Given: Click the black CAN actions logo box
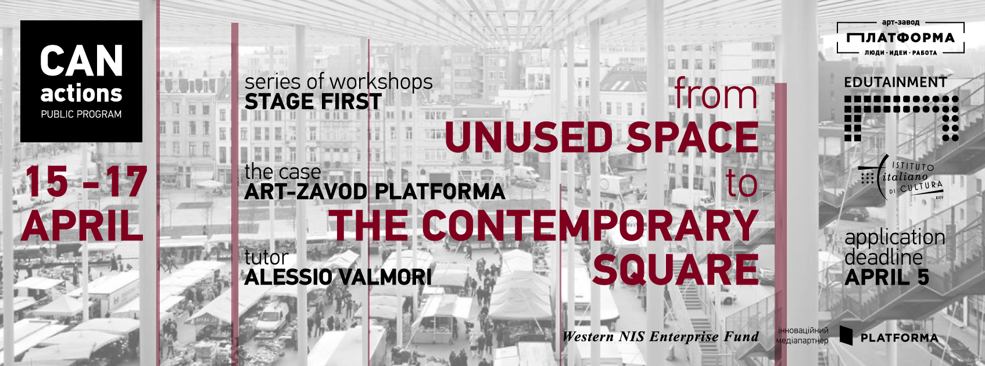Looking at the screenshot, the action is click(x=81, y=81).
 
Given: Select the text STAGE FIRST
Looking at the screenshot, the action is click(x=313, y=102).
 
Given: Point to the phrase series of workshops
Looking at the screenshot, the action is click(x=339, y=82).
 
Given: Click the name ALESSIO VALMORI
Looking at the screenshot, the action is click(x=338, y=277).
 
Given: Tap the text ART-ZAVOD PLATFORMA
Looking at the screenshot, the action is click(x=375, y=192).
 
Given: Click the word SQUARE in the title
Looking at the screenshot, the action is click(x=675, y=269).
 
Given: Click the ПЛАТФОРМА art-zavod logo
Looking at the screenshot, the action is click(x=900, y=38).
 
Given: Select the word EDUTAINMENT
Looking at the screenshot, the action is click(x=896, y=82).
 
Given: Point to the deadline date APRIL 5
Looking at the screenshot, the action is click(x=887, y=277).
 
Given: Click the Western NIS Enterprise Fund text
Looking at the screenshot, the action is click(x=661, y=336).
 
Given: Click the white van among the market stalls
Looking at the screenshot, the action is click(x=272, y=317).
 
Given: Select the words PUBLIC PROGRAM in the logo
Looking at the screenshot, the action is click(x=81, y=114).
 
